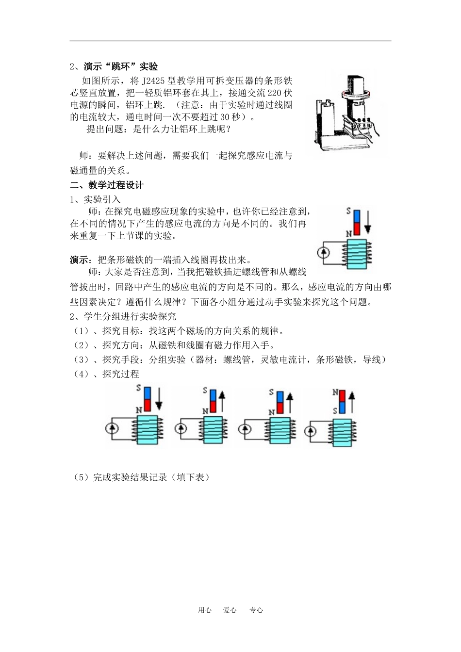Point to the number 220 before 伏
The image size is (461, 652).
point(274,93)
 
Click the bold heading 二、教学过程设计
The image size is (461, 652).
point(107,185)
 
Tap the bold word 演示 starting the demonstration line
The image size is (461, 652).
point(79,260)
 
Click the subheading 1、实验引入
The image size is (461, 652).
point(95,199)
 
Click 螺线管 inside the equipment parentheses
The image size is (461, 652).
point(237,359)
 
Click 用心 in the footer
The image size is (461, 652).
point(204,610)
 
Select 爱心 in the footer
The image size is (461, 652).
point(230,610)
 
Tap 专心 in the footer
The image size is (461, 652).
point(256,610)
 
